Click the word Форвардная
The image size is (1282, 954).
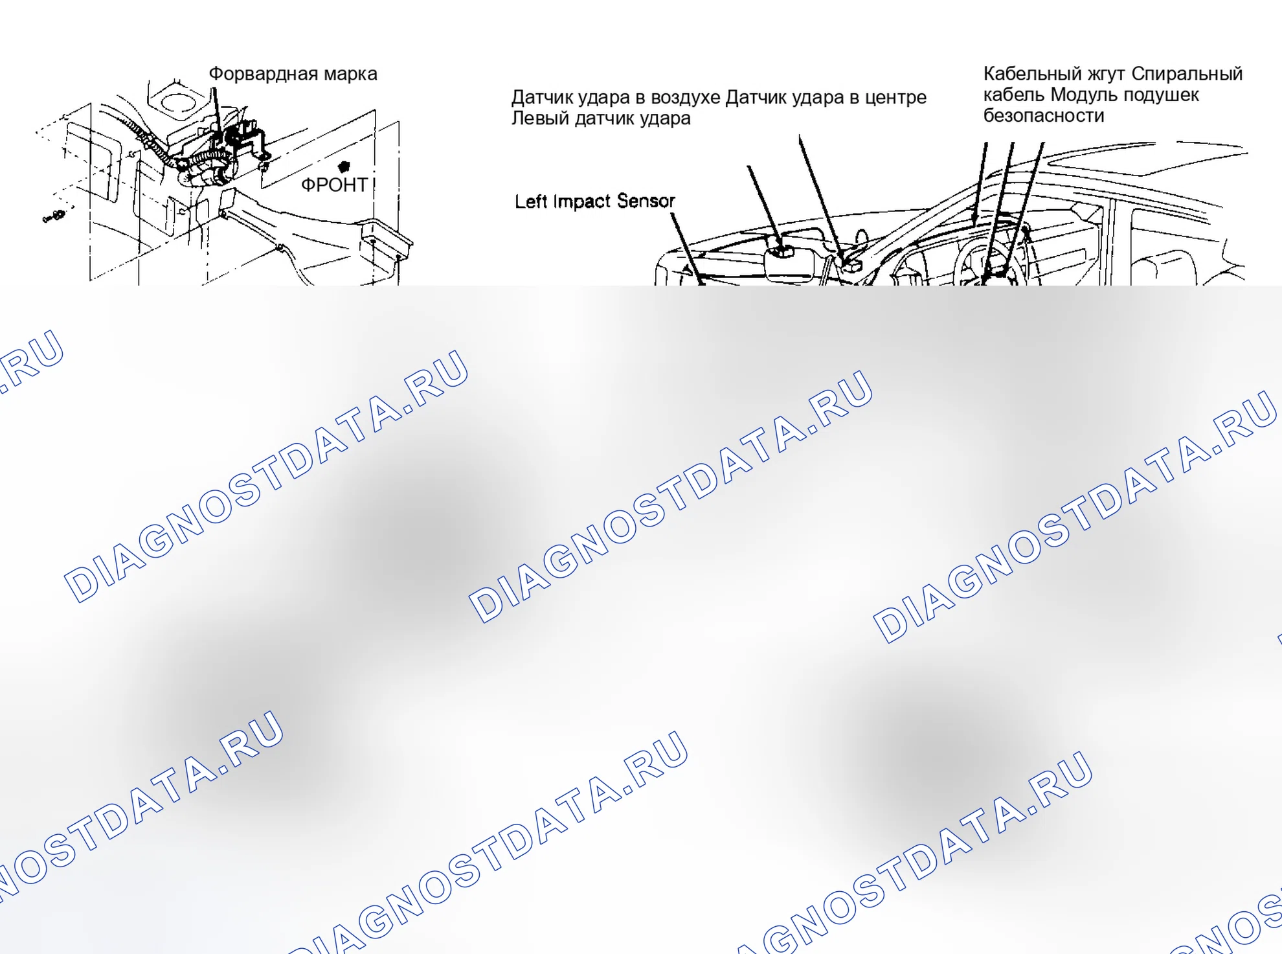pos(264,74)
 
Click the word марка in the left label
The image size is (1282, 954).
pos(350,74)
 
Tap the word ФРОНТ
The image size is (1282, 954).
pos(334,185)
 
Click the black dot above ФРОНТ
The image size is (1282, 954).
pos(344,166)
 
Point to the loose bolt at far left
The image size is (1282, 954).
pos(54,216)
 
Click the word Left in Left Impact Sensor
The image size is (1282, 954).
pos(530,202)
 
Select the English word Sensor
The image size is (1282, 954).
pos(646,201)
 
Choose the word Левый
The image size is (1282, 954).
pos(536,119)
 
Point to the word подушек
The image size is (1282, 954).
pos(1161,96)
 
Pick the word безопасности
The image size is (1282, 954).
pos(1043,116)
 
